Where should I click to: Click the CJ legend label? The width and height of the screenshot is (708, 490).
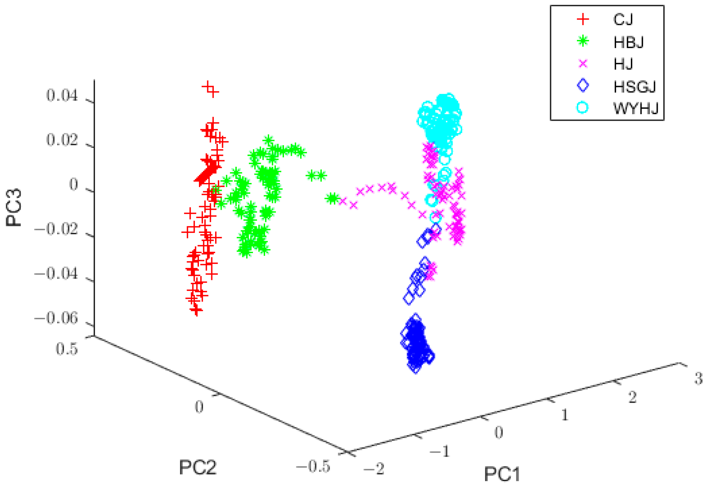pyautogui.click(x=623, y=20)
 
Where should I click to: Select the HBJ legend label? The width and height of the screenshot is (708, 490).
pyautogui.click(x=628, y=42)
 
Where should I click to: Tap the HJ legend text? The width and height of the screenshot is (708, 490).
pyautogui.click(x=623, y=64)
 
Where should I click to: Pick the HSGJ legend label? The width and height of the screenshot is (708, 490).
pyautogui.click(x=634, y=87)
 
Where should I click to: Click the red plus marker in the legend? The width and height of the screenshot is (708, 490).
pyautogui.click(x=583, y=19)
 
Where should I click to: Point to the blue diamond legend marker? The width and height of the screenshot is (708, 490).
pyautogui.click(x=583, y=85)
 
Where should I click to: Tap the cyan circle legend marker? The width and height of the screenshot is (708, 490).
pyautogui.click(x=583, y=108)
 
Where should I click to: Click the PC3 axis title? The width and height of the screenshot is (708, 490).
pyautogui.click(x=14, y=207)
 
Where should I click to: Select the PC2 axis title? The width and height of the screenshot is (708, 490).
pyautogui.click(x=198, y=468)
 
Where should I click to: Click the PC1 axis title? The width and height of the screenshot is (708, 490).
pyautogui.click(x=502, y=474)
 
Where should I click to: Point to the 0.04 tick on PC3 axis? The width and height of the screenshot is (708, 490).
pyautogui.click(x=62, y=96)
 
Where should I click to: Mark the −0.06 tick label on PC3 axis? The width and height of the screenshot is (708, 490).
pyautogui.click(x=56, y=318)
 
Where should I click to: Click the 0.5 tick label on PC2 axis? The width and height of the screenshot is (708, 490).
pyautogui.click(x=67, y=349)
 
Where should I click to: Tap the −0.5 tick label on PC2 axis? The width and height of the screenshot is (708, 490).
pyautogui.click(x=313, y=467)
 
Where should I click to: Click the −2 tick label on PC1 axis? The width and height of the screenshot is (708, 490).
pyautogui.click(x=374, y=468)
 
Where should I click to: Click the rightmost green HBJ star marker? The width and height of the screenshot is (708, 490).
pyautogui.click(x=333, y=199)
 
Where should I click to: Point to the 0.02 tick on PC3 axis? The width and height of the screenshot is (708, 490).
pyautogui.click(x=62, y=140)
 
